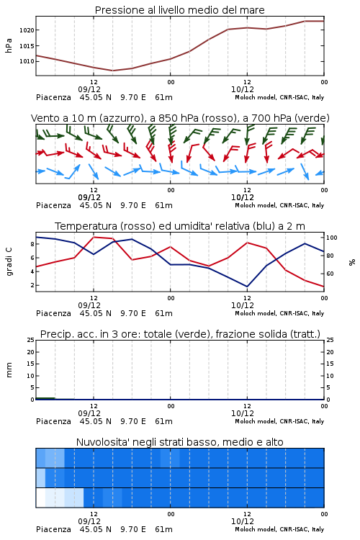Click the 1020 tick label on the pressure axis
pyautogui.click(x=27, y=30)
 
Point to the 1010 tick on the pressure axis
pyautogui.click(x=27, y=62)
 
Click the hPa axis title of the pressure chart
pyautogui.click(x=9, y=45)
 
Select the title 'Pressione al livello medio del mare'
pyautogui.click(x=180, y=10)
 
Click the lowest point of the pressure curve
pyautogui.click(x=112, y=71)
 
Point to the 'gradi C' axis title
pyautogui.click(x=9, y=262)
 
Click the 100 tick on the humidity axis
pyautogui.click(x=332, y=238)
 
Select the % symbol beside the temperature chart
pyautogui.click(x=352, y=262)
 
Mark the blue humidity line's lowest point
pyautogui.click(x=247, y=287)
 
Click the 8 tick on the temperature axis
pyautogui.click(x=32, y=244)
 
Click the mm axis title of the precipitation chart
pyautogui.click(x=9, y=370)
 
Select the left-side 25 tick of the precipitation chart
pyautogui.click(x=31, y=340)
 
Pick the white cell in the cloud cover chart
pyautogui.click(x=40, y=498)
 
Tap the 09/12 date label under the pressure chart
pyautogui.click(x=89, y=89)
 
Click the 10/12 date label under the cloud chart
pyautogui.click(x=243, y=521)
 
